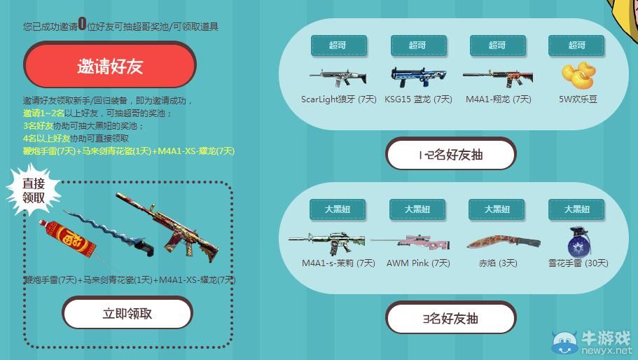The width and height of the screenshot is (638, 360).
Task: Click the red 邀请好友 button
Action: (110, 65)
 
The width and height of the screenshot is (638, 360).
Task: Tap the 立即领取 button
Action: (127, 313)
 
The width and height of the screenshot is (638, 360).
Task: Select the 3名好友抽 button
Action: (450, 318)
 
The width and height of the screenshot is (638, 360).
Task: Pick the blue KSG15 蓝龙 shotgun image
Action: (417, 76)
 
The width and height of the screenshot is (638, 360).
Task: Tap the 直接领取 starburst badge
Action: (34, 191)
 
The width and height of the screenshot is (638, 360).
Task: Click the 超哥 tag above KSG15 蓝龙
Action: (417, 45)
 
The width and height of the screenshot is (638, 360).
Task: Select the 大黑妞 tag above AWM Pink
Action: (417, 209)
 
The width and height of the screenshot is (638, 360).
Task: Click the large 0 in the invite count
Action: (83, 25)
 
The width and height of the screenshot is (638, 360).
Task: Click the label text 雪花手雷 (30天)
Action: (578, 263)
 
